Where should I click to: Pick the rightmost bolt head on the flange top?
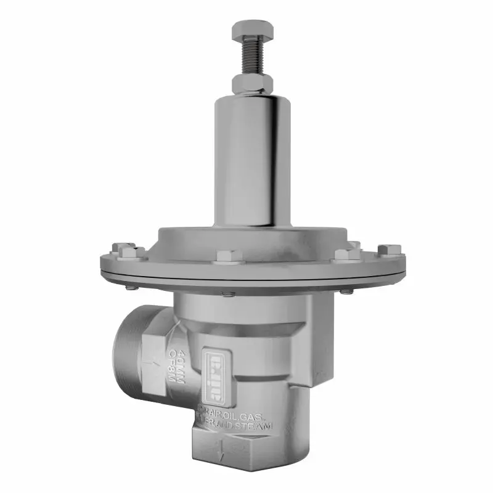click(389, 250)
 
